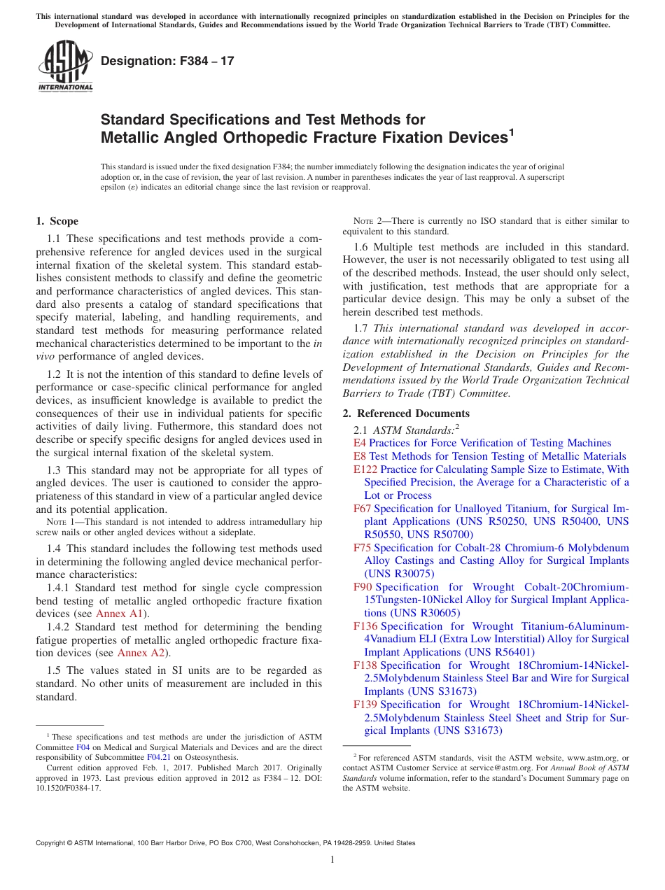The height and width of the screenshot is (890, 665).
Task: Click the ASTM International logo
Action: pos(65,66)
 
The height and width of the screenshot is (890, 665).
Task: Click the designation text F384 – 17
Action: pos(167,62)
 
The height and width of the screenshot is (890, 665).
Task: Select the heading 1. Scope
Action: pos(57,221)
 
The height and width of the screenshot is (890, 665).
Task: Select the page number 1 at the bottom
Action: pos(332,860)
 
